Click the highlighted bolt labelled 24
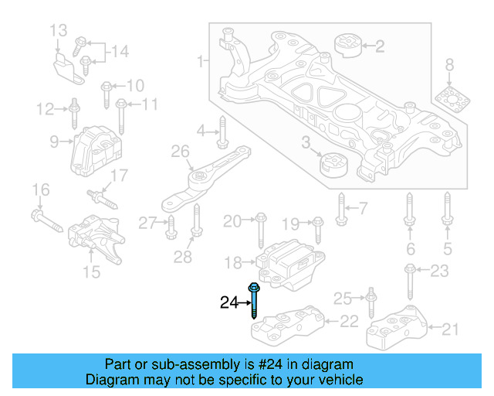[254, 301]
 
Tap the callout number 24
[228, 303]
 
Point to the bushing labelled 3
[334, 166]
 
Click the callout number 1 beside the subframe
[200, 60]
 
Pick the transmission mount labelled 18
[288, 263]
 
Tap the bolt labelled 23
[409, 282]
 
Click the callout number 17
[118, 176]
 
